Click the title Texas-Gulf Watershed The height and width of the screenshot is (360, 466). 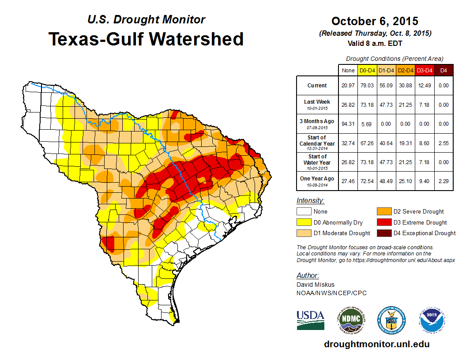coord(146,39)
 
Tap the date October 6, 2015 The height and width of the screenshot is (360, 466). coord(375,21)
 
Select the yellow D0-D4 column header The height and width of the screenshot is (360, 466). coord(368,70)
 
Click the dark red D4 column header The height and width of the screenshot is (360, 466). coord(443,70)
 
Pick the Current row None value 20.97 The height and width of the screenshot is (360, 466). coord(348,86)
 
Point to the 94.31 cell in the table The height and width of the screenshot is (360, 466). coord(348,124)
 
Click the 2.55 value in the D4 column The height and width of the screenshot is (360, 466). coord(443,143)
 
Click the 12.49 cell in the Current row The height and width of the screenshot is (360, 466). coord(425,86)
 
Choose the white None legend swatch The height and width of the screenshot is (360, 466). coord(304,212)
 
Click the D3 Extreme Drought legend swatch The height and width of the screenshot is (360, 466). coord(383,222)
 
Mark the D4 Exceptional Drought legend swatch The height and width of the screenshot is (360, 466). coord(383,233)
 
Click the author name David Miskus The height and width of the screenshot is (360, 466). coord(316,285)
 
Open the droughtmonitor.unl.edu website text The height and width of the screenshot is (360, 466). coord(376,344)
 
